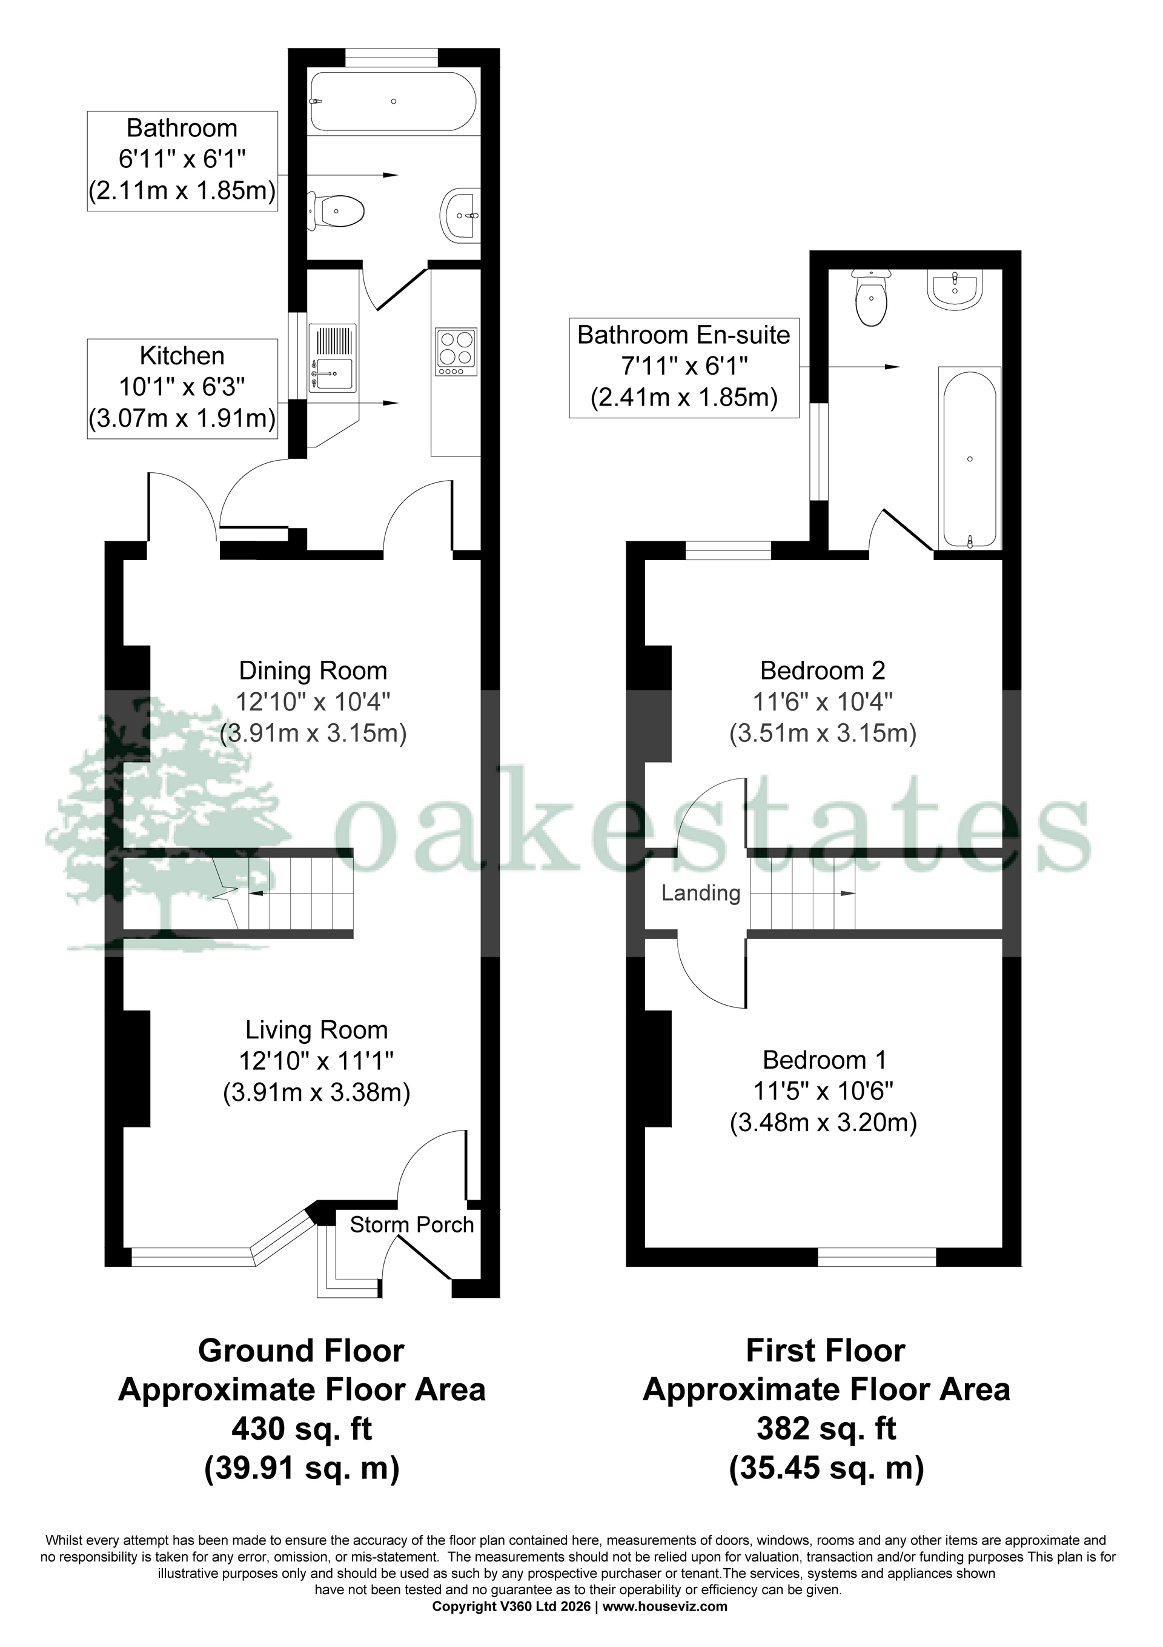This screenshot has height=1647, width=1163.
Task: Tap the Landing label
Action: [700, 893]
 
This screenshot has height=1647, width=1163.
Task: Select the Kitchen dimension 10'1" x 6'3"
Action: [182, 387]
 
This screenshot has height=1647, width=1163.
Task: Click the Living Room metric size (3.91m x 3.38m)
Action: [316, 1092]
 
